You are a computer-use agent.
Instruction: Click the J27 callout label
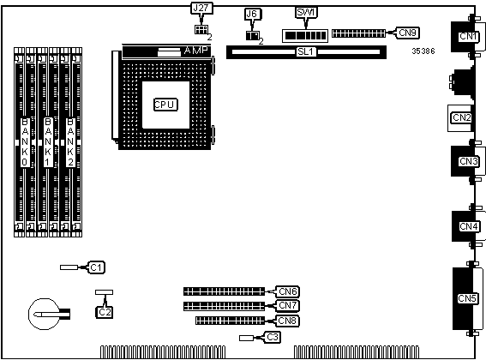click(x=201, y=8)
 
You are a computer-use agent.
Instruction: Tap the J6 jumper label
click(x=253, y=14)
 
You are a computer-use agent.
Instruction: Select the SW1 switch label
click(x=306, y=13)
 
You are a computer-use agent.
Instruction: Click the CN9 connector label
click(x=407, y=33)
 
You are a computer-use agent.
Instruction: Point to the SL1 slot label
click(x=306, y=51)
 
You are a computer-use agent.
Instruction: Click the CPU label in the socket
click(x=165, y=105)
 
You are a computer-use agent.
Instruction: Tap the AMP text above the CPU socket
click(x=196, y=51)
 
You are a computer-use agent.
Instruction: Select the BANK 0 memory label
click(x=25, y=142)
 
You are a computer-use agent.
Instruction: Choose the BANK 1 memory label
click(x=48, y=142)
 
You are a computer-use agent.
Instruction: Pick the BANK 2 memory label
click(x=70, y=142)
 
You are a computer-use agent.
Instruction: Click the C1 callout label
click(x=96, y=267)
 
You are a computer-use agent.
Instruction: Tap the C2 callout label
click(x=105, y=312)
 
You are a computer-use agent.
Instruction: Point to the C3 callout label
click(x=272, y=337)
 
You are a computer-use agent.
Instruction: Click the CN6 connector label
click(x=288, y=291)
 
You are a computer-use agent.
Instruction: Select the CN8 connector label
click(x=288, y=321)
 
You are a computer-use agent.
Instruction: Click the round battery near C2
click(x=45, y=314)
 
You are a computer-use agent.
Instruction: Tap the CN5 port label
click(x=467, y=298)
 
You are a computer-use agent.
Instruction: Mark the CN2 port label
click(x=461, y=117)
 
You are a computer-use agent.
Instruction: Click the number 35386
click(x=423, y=51)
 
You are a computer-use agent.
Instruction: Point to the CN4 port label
click(x=469, y=226)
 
